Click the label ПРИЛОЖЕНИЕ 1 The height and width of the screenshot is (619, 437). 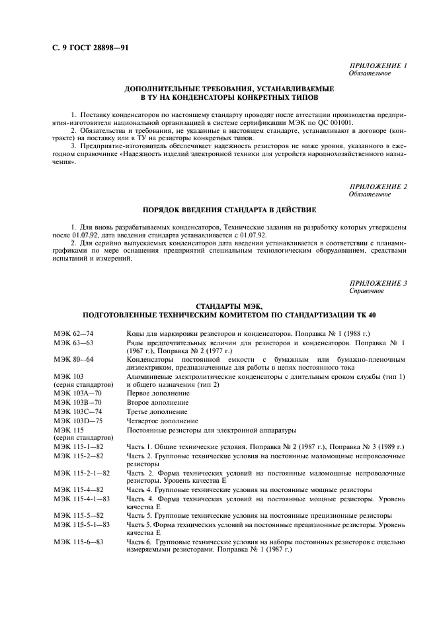click(x=377, y=66)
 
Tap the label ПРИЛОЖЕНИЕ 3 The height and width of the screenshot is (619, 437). click(x=377, y=282)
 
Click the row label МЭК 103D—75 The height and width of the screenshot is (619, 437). click(x=78, y=421)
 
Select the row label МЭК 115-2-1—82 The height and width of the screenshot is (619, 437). click(x=81, y=474)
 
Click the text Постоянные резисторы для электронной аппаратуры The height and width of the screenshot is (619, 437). click(x=209, y=430)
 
